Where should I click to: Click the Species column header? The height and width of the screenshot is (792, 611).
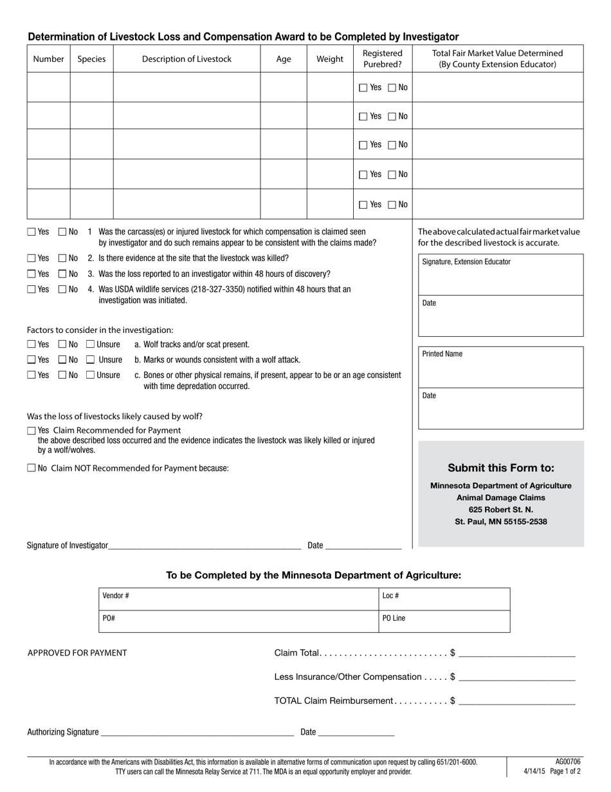(91, 59)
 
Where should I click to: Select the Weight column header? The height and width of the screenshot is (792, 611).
(330, 59)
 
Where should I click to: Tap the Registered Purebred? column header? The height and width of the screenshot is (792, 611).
(383, 59)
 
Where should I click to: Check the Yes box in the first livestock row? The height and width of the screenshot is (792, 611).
(363, 88)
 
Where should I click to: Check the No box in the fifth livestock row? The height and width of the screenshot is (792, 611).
(392, 205)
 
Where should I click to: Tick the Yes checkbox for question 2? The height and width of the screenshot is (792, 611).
(32, 258)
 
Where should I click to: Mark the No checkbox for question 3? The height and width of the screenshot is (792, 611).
(62, 274)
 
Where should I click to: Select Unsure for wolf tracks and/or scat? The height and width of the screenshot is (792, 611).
(91, 344)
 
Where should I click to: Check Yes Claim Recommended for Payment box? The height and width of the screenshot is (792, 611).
(32, 430)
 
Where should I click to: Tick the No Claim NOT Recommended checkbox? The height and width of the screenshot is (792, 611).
(32, 469)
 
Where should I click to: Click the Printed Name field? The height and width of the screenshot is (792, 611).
(500, 371)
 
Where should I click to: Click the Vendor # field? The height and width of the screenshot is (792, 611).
(238, 599)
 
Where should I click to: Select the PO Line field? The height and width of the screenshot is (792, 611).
(444, 621)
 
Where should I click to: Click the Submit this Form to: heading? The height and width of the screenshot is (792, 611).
(500, 468)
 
